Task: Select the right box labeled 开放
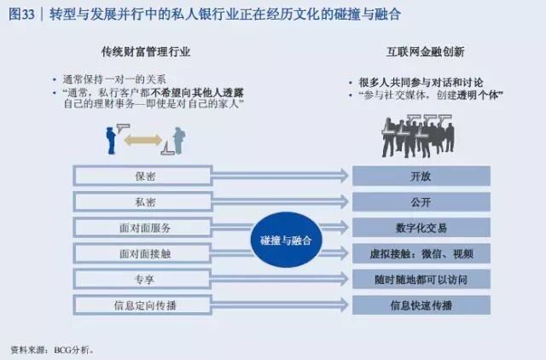click(x=421, y=177)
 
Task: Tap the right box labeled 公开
click(x=421, y=202)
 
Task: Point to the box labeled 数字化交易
click(x=421, y=228)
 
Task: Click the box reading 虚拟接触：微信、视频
click(x=421, y=253)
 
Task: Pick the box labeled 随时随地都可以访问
click(x=421, y=279)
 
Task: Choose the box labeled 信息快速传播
click(x=421, y=305)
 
